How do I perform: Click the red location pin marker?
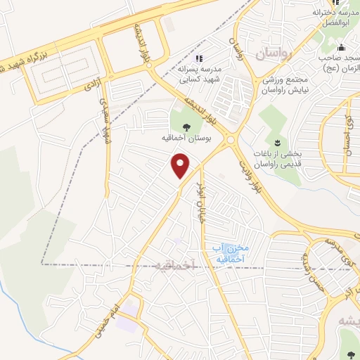181,166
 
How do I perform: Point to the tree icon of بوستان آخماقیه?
186,127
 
